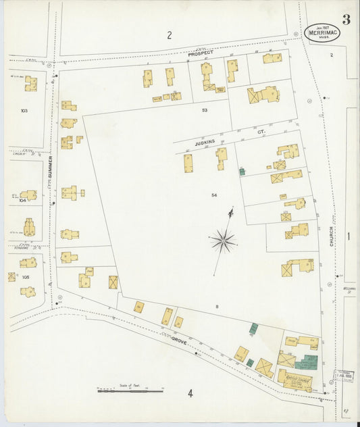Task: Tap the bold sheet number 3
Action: (346, 19)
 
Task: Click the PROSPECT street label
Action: (200, 53)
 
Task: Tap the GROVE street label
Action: (179, 341)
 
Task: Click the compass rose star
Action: (222, 239)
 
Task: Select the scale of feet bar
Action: (130, 391)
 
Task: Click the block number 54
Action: (213, 195)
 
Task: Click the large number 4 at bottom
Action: (190, 393)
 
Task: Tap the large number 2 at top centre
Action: (170, 35)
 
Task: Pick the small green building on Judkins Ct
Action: (242, 172)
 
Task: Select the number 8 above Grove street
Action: (217, 308)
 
